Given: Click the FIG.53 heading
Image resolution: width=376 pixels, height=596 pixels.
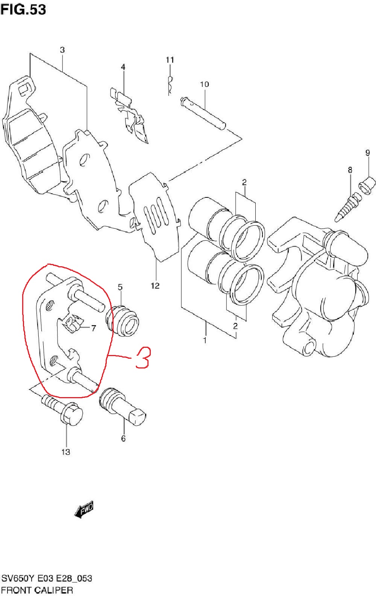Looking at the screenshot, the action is (23, 10).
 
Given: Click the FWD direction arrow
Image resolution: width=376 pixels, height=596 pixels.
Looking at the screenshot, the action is (84, 509).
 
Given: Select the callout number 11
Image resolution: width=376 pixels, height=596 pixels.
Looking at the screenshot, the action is (170, 60).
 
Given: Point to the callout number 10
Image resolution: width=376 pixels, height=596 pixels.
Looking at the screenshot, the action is (205, 85).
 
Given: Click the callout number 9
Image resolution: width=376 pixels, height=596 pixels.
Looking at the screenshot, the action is (367, 153).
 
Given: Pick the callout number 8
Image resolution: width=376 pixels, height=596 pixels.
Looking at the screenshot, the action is (350, 170).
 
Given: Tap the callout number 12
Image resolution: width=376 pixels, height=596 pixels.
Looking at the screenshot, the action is (155, 286).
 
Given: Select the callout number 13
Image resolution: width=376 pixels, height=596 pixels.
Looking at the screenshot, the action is (66, 452).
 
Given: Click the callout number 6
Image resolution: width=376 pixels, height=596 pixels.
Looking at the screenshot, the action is (123, 438).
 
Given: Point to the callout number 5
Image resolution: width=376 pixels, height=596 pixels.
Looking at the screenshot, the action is (120, 287).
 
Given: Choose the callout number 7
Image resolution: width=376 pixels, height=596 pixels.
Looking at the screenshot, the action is (93, 328).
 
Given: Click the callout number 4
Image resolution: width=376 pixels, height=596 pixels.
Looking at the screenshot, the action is (123, 67).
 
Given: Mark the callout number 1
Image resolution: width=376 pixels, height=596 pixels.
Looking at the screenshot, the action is (205, 340).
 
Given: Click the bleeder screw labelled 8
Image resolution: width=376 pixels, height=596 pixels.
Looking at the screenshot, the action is (348, 208).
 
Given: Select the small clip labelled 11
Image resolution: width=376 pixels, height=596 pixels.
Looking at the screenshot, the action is (170, 85).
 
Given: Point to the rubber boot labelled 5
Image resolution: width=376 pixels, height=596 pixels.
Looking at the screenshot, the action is (123, 322).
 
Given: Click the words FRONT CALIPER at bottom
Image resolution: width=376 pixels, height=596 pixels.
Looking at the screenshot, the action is (37, 590).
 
